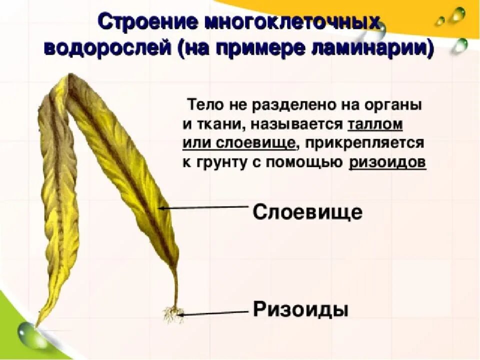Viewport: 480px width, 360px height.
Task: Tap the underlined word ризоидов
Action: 387,163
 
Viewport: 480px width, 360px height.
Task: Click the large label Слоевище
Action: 307,212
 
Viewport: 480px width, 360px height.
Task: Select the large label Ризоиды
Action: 300,308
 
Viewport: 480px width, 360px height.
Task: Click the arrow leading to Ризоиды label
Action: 215,313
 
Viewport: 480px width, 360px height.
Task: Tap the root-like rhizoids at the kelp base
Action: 173,314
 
